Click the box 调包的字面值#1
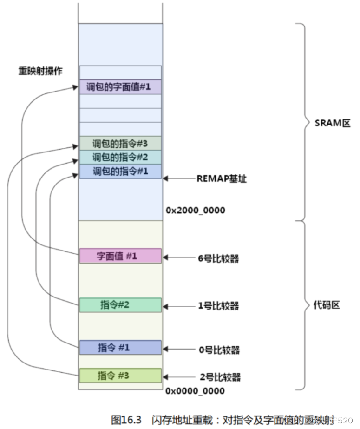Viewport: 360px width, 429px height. [x=120, y=87]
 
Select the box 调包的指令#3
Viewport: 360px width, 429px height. [x=120, y=143]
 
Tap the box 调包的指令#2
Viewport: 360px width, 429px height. [x=120, y=157]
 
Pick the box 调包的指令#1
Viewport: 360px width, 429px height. [x=120, y=171]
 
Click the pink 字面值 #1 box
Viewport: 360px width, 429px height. [x=120, y=256]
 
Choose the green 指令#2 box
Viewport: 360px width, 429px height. [x=120, y=305]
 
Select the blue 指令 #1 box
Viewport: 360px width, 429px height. [x=120, y=348]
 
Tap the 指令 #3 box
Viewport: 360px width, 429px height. [x=120, y=375]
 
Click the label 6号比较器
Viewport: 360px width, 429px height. [x=218, y=258]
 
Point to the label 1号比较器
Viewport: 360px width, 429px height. [x=218, y=306]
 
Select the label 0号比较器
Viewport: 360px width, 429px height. [x=218, y=349]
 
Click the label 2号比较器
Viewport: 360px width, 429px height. [x=219, y=376]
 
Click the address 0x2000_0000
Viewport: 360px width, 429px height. [x=195, y=211]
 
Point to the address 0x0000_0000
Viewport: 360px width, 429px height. [x=195, y=390]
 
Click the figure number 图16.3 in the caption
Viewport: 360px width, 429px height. [x=126, y=420]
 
